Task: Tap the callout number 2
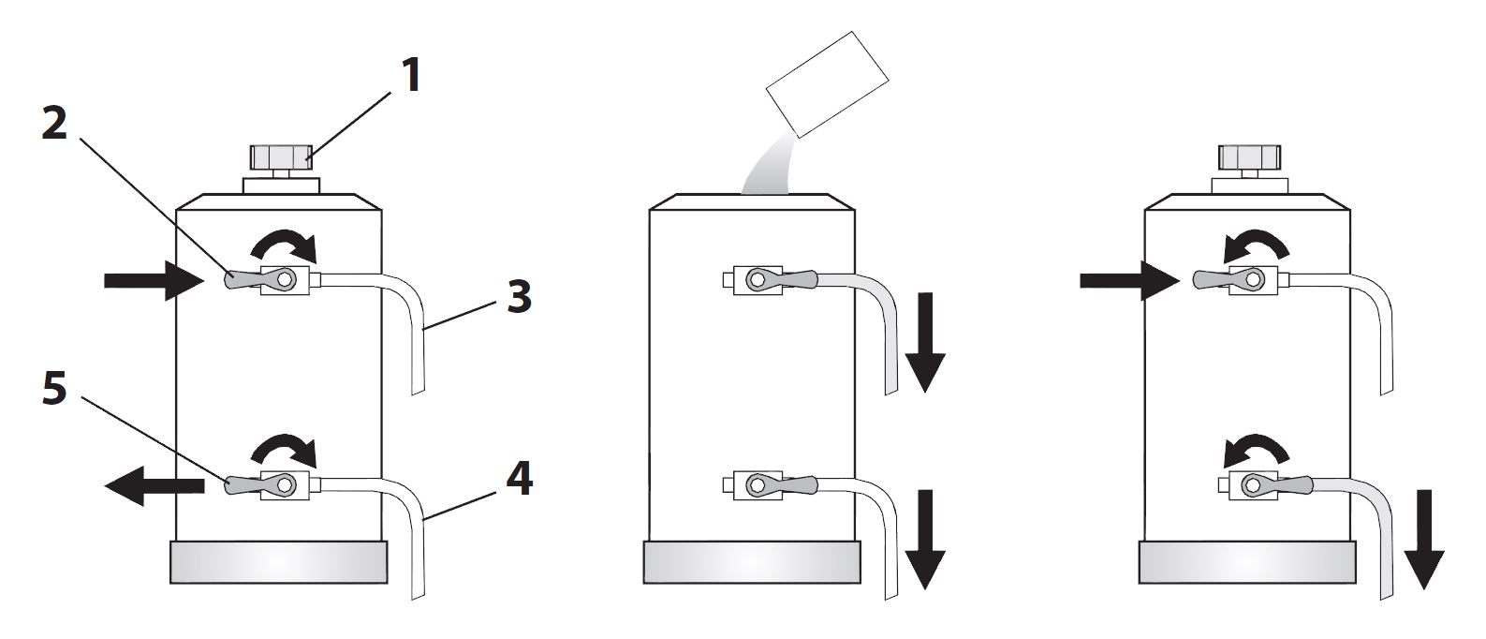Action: click(x=54, y=123)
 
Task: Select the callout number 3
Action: click(x=518, y=298)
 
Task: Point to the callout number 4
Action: click(x=519, y=479)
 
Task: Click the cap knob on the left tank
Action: click(x=281, y=156)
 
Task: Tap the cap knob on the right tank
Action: click(x=1249, y=156)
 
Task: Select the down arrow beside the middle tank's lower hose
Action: click(x=925, y=539)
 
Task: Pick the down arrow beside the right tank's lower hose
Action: click(x=1422, y=539)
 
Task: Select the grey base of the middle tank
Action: click(x=752, y=562)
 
